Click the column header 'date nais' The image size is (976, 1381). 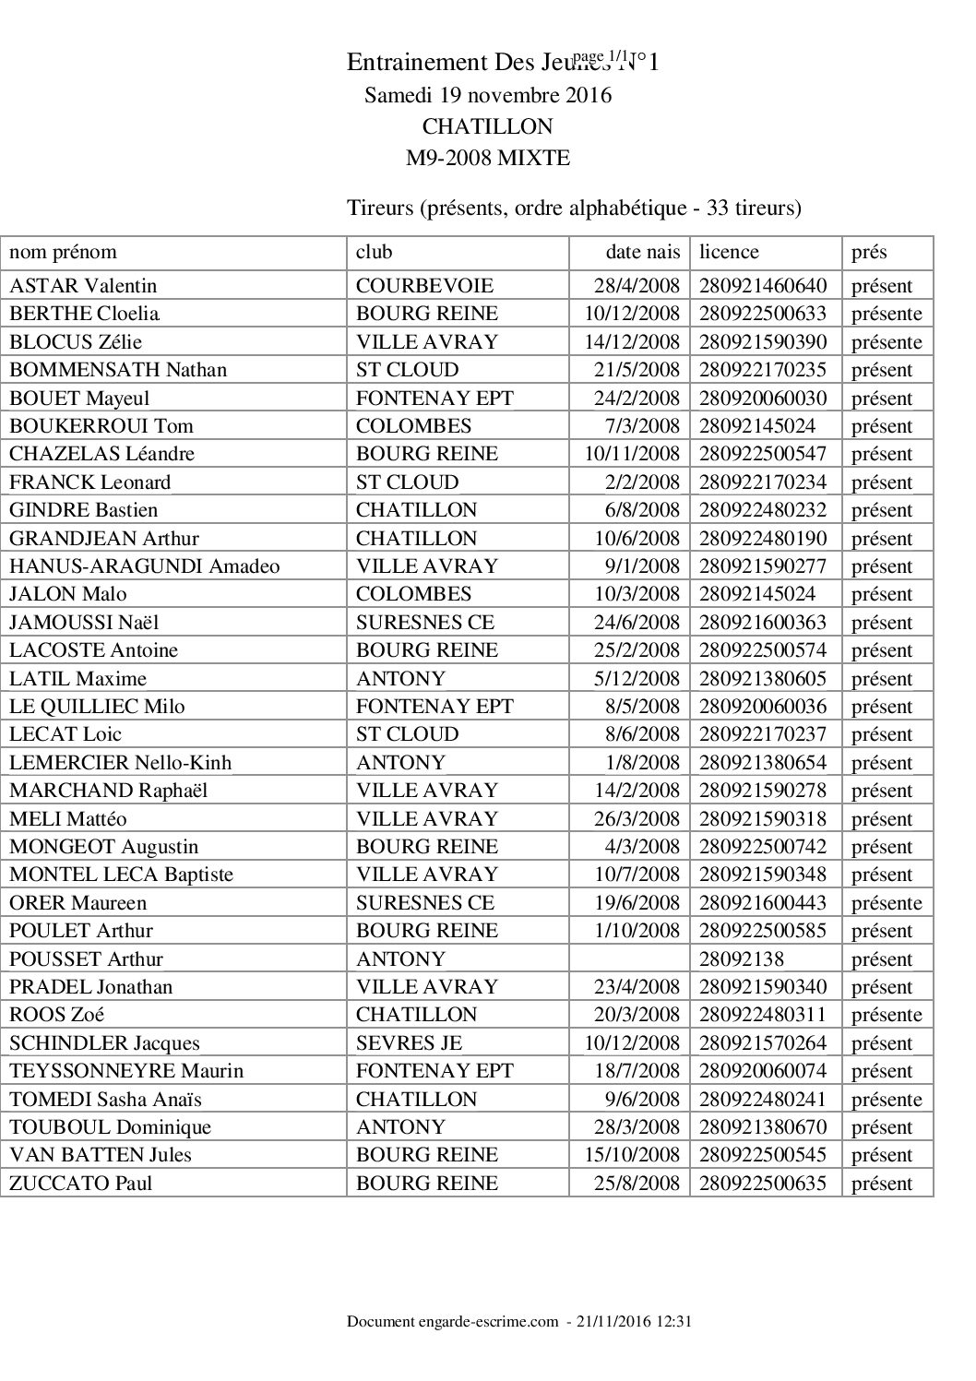642,252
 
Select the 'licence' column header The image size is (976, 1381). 729,252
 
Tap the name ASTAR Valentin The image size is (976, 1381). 83,286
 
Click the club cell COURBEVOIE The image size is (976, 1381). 424,286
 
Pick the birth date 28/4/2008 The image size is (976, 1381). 637,286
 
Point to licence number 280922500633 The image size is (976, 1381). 763,314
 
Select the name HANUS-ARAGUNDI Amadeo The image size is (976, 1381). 144,566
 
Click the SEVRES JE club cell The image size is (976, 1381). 409,1043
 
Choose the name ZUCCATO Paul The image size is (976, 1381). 80,1184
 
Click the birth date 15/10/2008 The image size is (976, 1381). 632,1155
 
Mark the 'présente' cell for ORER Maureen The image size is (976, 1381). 886,903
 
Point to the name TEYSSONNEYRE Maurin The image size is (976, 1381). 126,1071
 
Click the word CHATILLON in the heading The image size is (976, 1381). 487,126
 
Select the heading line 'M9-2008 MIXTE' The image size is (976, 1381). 488,158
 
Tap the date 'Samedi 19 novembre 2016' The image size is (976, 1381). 488,95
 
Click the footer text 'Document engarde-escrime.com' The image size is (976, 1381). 453,1322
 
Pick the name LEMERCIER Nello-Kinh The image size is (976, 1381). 120,763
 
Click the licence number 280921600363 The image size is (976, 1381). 763,623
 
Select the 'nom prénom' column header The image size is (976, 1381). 63,252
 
